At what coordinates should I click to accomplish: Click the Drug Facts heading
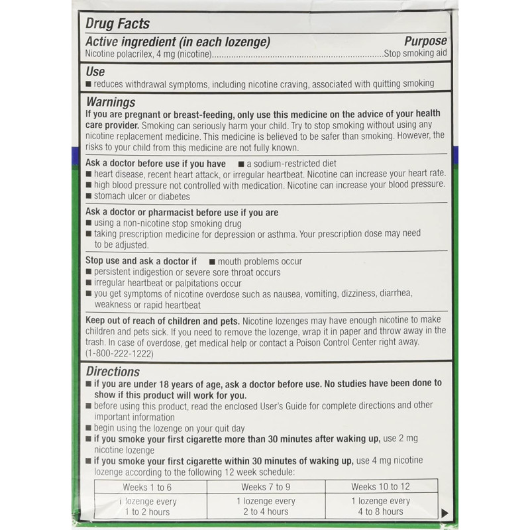pyautogui.click(x=118, y=24)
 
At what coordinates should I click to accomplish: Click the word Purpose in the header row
pyautogui.click(x=425, y=42)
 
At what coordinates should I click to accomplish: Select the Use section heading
pyautogui.click(x=96, y=71)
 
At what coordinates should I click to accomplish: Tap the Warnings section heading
pyautogui.click(x=111, y=102)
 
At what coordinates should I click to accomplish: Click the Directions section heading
pyautogui.click(x=113, y=372)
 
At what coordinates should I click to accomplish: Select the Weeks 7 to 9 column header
pyautogui.click(x=265, y=487)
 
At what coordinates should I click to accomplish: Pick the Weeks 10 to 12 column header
pyautogui.click(x=381, y=487)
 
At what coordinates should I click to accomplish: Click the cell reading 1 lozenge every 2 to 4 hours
pyautogui.click(x=265, y=506)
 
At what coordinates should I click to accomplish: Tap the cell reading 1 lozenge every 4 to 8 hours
pyautogui.click(x=381, y=506)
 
